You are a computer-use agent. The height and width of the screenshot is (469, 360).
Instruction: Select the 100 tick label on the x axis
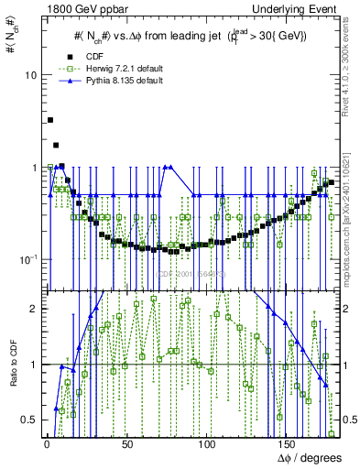[206, 444]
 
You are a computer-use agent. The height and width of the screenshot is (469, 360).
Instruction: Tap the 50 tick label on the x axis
[126, 444]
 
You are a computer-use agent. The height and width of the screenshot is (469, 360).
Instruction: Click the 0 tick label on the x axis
[47, 444]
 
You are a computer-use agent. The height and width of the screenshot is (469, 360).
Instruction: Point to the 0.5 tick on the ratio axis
[30, 420]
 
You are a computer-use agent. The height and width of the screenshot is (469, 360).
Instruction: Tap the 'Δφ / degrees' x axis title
[310, 458]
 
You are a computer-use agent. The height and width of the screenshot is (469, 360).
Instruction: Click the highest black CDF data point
[50, 120]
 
